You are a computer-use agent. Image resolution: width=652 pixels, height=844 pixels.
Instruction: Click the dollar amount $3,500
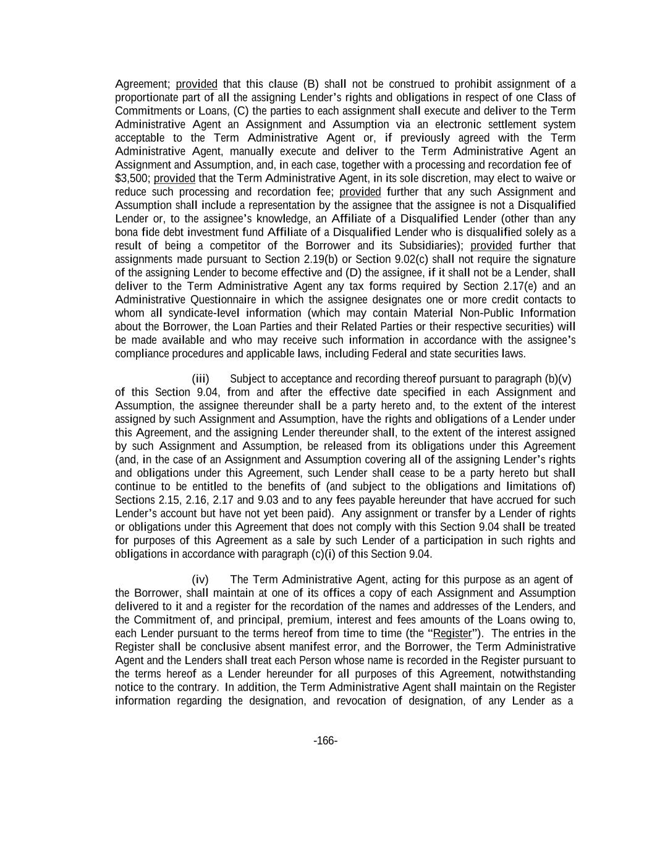[x=133, y=178]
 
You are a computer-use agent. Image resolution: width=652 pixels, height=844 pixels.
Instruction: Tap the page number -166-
[x=326, y=741]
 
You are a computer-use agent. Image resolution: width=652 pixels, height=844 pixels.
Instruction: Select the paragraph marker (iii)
[x=200, y=378]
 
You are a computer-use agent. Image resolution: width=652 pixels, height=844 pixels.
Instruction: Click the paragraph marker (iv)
[x=200, y=579]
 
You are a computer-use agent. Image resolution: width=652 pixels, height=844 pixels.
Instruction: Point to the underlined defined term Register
[x=452, y=633]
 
